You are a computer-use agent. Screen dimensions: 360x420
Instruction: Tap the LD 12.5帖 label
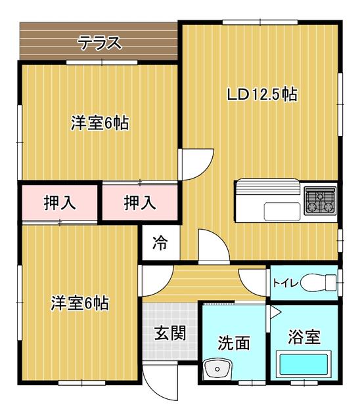[262, 94]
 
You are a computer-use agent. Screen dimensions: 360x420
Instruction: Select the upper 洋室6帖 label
[100, 123]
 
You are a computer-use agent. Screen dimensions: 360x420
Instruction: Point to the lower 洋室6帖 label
[80, 303]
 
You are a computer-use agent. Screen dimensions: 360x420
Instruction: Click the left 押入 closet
[60, 203]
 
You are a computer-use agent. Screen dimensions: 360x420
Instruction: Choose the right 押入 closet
[140, 203]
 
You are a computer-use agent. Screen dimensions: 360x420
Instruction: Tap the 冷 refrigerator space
[160, 242]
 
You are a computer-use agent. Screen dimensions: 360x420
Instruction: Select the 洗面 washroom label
[234, 343]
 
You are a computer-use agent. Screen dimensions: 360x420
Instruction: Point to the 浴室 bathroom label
[304, 337]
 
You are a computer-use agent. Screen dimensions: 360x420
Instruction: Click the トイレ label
[286, 283]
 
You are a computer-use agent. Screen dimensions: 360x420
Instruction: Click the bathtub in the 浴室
[304, 364]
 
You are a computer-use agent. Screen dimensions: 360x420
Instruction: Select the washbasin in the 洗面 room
[217, 369]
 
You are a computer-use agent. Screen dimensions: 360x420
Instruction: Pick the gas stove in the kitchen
[320, 201]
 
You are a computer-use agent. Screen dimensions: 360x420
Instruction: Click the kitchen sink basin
[282, 211]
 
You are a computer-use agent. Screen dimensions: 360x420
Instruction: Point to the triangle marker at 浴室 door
[275, 312]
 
